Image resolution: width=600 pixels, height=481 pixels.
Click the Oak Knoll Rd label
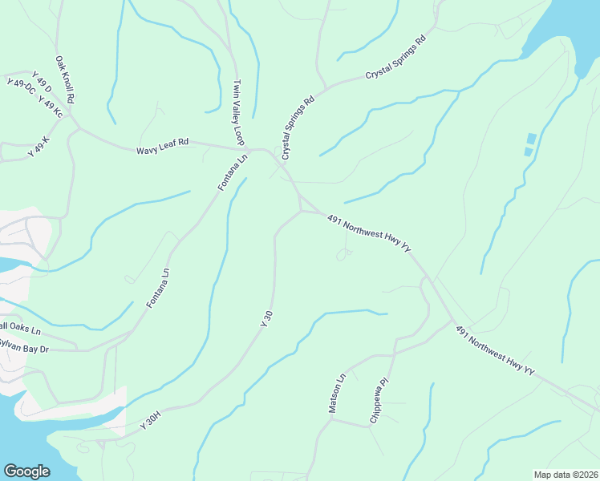click(x=65, y=79)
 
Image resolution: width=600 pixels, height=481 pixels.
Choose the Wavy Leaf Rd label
click(x=162, y=142)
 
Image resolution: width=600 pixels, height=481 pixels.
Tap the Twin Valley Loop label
click(x=237, y=112)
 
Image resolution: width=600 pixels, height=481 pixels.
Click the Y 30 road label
click(x=267, y=318)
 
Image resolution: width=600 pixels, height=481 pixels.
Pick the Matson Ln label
click(x=336, y=393)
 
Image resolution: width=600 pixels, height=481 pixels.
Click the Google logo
click(x=27, y=471)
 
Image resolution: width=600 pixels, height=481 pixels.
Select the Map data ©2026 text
click(x=566, y=475)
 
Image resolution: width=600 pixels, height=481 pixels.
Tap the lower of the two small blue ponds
click(x=529, y=151)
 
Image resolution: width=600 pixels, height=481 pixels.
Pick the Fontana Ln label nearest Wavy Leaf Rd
click(x=233, y=172)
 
